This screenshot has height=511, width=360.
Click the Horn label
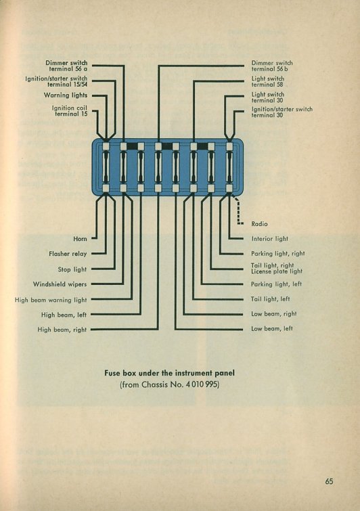[80, 239]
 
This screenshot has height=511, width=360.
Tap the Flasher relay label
[68, 254]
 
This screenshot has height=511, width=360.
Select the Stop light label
[72, 269]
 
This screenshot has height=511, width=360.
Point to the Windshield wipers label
[60, 284]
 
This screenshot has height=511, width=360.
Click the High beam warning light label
[51, 300]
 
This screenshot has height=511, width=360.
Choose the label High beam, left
[64, 315]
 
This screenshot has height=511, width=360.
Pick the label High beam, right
[62, 330]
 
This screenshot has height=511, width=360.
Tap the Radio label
[259, 224]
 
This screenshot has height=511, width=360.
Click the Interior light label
[270, 239]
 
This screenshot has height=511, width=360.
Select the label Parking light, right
[278, 254]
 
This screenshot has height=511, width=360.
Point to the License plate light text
[277, 271]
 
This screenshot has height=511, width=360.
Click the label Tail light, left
[271, 299]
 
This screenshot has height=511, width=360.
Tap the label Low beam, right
[273, 314]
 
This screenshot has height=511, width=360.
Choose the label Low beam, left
[272, 328]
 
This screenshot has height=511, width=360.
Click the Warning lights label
[66, 95]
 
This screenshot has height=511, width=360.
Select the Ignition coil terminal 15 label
[70, 111]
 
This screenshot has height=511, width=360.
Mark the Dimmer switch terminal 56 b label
[272, 66]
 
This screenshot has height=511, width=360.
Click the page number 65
[329, 481]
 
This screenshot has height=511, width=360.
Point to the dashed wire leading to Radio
[238, 210]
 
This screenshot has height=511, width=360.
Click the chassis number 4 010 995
[202, 384]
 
